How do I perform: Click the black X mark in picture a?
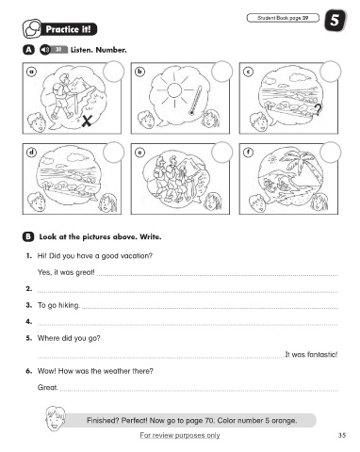pyautogui.click(x=87, y=121)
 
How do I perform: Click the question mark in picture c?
pyautogui.click(x=319, y=109)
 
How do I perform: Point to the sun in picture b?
pyautogui.click(x=174, y=90)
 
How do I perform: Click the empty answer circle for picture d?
pyautogui.click(x=113, y=153)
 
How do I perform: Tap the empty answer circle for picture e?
pyautogui.click(x=222, y=153)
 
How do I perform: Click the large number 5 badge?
pyautogui.click(x=335, y=21)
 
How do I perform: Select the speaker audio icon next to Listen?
pyautogui.click(x=45, y=50)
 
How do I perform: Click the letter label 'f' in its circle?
pyautogui.click(x=249, y=153)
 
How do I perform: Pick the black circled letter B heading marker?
pyautogui.click(x=28, y=236)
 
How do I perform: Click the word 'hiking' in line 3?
pyautogui.click(x=69, y=305)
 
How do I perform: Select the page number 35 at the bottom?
pyautogui.click(x=342, y=435)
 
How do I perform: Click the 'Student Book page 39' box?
pyautogui.click(x=283, y=18)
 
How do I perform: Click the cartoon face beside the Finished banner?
pyautogui.click(x=56, y=419)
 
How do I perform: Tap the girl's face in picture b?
pyautogui.click(x=211, y=119)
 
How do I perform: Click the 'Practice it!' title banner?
pyautogui.click(x=60, y=29)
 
